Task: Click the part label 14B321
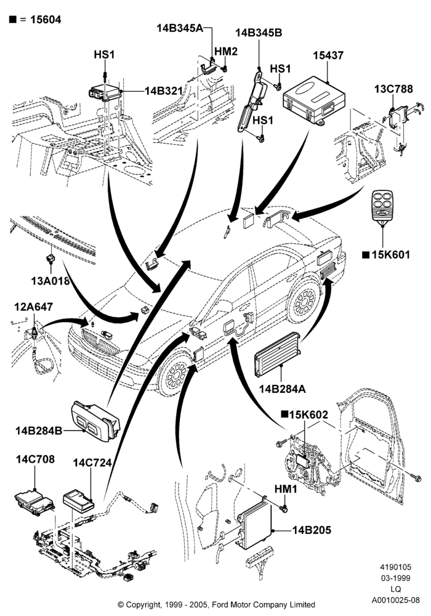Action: pos(164,91)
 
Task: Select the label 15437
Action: pos(328,55)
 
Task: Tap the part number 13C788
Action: pos(393,89)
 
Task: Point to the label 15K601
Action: pos(390,254)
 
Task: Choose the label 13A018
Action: pos(50,280)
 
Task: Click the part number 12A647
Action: pos(34,306)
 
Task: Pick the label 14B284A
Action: pos(282,389)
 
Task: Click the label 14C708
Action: pos(35,459)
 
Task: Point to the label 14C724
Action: pos(92,463)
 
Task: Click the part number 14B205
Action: pos(312,530)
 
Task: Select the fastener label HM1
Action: pos(285,489)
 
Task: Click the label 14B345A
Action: pos(180,28)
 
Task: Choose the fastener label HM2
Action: pos(226,51)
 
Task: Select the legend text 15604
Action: pos(46,20)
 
